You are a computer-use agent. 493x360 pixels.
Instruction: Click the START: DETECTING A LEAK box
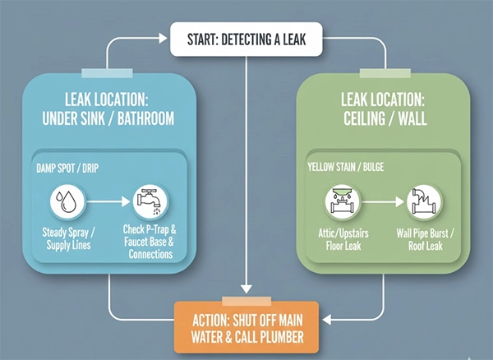(246, 38)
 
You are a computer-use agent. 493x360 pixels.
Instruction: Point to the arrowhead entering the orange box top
(246, 289)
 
